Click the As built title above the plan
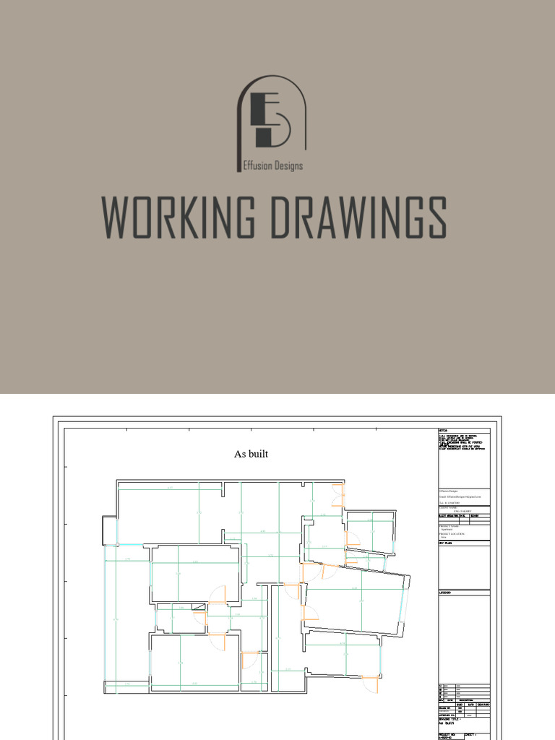coord(251,454)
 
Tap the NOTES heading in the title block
coord(444,431)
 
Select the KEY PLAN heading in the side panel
coord(445,543)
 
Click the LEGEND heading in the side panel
coord(444,593)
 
